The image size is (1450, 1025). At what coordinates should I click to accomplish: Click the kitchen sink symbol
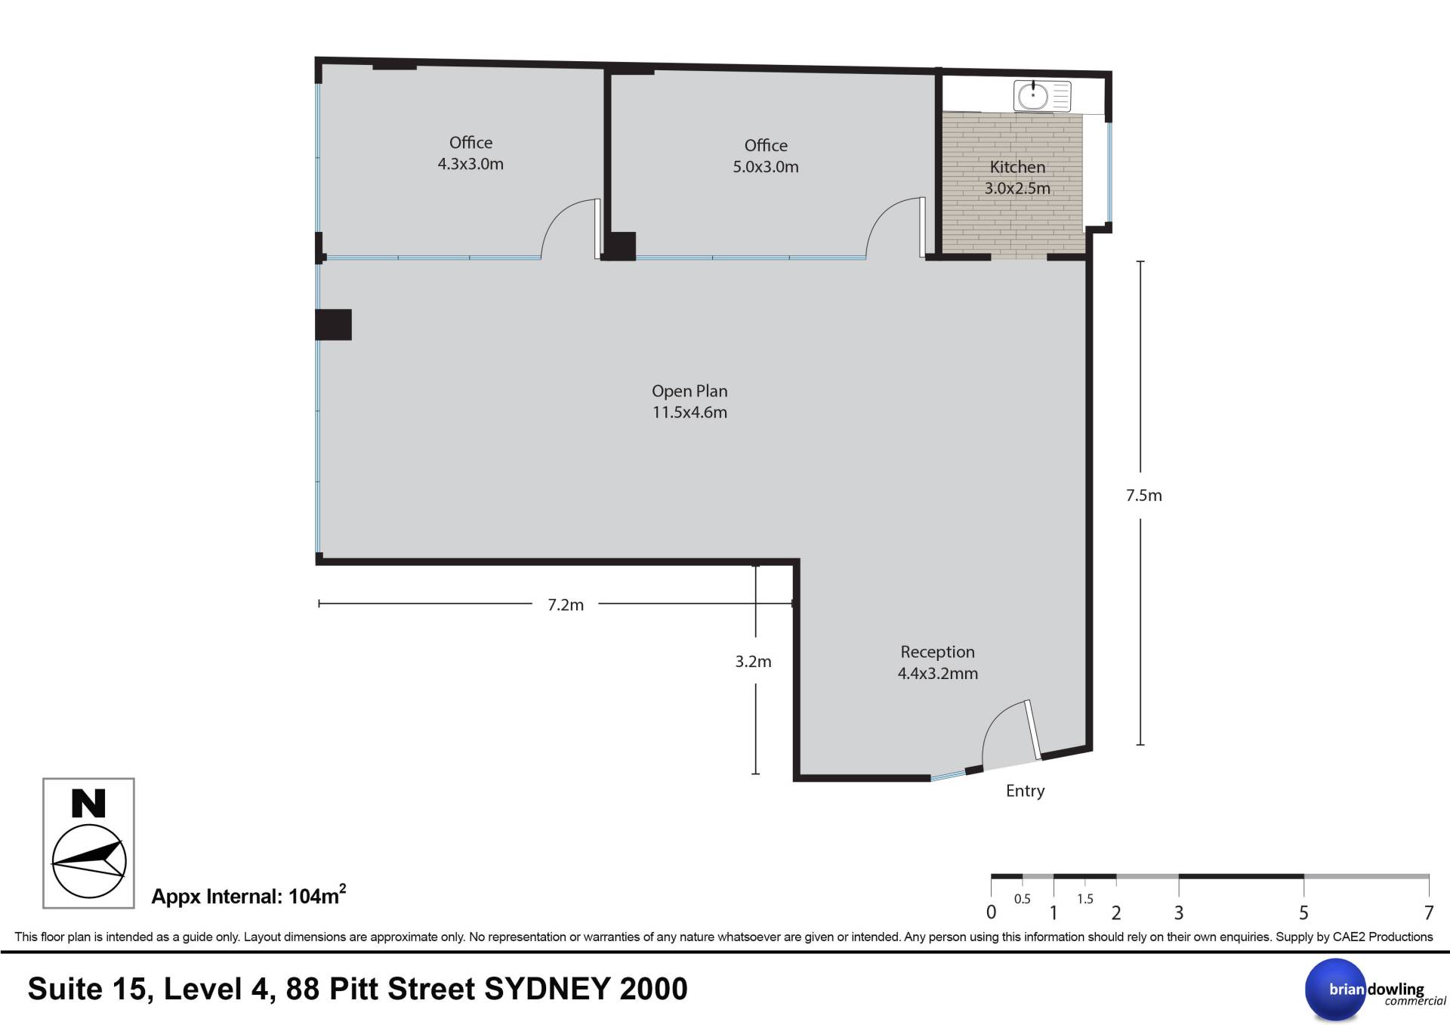(1042, 97)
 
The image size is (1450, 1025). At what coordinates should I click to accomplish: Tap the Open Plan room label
(690, 401)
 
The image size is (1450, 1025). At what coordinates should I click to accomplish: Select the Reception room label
(937, 662)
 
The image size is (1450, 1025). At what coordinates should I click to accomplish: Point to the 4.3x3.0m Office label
(470, 153)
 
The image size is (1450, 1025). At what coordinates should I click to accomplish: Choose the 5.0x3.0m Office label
(766, 156)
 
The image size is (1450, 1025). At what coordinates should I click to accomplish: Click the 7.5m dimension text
(1143, 496)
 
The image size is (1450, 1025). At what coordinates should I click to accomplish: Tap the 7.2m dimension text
(566, 605)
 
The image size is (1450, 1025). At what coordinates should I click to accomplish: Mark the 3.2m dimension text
(753, 662)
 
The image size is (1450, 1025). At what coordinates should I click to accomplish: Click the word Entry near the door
(1025, 791)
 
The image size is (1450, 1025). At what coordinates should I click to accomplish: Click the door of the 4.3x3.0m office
(597, 229)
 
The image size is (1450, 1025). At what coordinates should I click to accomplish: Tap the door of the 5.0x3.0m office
(922, 228)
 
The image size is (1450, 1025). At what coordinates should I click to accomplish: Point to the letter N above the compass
(88, 804)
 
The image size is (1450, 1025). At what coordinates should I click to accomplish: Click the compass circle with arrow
(88, 862)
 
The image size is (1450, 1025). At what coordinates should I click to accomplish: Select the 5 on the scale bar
(1303, 913)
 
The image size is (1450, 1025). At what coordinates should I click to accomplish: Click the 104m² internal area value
(317, 895)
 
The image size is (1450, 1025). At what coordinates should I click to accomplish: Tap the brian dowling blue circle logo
(1336, 989)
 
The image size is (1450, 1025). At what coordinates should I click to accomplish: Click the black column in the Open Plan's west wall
(333, 325)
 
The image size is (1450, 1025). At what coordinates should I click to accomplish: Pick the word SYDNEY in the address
(547, 989)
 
